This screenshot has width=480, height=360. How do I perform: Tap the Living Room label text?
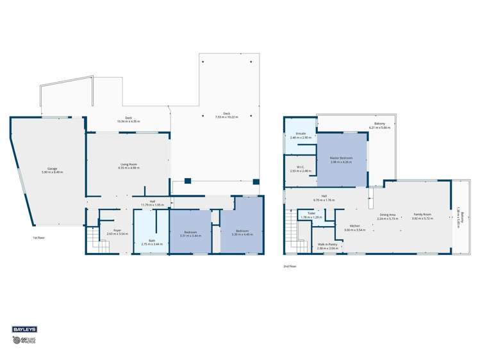pyautogui.click(x=129, y=166)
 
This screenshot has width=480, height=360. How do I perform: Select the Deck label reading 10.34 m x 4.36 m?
pyautogui.click(x=128, y=119)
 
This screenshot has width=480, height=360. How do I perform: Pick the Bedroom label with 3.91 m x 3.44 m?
pyautogui.click(x=190, y=234)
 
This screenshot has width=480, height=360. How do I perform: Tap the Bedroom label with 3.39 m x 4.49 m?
pyautogui.click(x=242, y=233)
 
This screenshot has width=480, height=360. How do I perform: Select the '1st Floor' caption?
pyautogui.click(x=39, y=238)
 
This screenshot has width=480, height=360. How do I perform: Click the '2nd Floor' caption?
pyautogui.click(x=290, y=266)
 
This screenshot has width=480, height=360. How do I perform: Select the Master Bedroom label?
pyautogui.click(x=342, y=160)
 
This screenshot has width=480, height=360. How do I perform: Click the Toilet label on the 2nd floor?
pyautogui.click(x=311, y=216)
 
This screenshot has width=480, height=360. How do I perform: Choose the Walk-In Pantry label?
pyautogui.click(x=327, y=246)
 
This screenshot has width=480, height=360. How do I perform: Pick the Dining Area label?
pyautogui.click(x=388, y=217)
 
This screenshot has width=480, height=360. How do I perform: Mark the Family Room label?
pyautogui.click(x=422, y=217)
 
